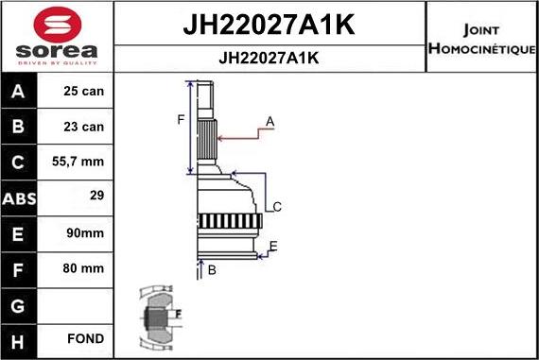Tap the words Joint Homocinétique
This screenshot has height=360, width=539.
point(482,38)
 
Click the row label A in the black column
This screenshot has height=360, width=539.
point(20,93)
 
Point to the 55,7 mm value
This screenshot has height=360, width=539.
point(78,163)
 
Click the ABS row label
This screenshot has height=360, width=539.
point(20,197)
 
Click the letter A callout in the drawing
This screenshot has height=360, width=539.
point(270,121)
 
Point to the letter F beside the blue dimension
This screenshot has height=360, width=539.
point(181,119)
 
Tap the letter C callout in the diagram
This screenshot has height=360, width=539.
point(277,207)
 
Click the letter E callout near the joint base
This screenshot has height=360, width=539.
point(273,247)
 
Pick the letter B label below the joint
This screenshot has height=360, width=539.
point(212,271)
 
